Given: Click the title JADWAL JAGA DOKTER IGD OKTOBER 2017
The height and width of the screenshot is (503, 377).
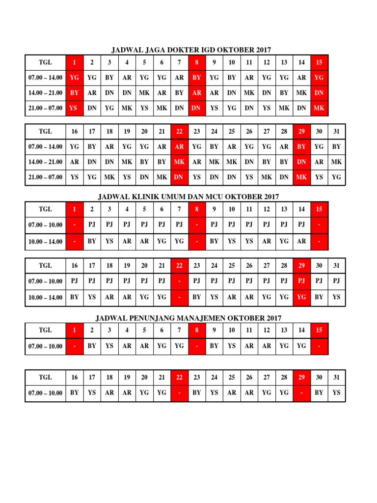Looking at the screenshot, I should click(x=191, y=50).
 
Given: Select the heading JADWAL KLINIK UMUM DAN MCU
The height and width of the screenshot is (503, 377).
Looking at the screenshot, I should click(x=188, y=196).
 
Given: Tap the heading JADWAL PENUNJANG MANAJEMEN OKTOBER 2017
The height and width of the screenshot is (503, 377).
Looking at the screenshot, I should click(x=188, y=318).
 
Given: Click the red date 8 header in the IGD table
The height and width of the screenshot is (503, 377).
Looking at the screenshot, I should click(x=197, y=62).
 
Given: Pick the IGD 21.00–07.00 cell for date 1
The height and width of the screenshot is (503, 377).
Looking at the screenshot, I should click(x=74, y=108).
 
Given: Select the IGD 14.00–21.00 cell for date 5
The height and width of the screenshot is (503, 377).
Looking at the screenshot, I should click(x=144, y=93).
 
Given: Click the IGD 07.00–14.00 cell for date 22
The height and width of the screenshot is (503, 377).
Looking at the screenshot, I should click(x=179, y=146).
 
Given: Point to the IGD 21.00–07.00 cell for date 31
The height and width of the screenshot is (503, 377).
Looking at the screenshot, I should click(x=336, y=177).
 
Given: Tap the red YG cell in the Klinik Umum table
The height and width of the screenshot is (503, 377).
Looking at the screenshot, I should click(x=301, y=297).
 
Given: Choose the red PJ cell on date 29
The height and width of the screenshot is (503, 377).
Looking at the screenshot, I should click(x=301, y=281).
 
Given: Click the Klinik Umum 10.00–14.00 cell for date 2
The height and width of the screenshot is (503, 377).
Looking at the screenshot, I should click(x=92, y=241).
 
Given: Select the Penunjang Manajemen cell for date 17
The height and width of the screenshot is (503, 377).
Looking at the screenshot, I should click(x=92, y=393).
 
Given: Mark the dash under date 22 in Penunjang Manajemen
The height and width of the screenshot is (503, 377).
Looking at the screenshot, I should click(x=179, y=393).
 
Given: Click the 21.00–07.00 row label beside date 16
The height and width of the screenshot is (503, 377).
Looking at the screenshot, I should click(x=45, y=177).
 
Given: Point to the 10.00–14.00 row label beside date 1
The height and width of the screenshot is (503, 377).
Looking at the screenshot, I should click(x=45, y=241).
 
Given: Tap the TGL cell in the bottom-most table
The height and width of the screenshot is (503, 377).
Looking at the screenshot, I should click(x=45, y=377).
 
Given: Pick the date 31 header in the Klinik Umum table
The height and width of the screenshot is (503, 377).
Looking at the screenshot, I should click(x=336, y=265).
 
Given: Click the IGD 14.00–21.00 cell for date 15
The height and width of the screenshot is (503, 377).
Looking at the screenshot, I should click(x=319, y=93).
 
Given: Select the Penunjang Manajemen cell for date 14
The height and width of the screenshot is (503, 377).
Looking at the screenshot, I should click(x=301, y=346).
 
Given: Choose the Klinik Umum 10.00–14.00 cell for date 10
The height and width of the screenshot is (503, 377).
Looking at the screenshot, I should click(x=232, y=241).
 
